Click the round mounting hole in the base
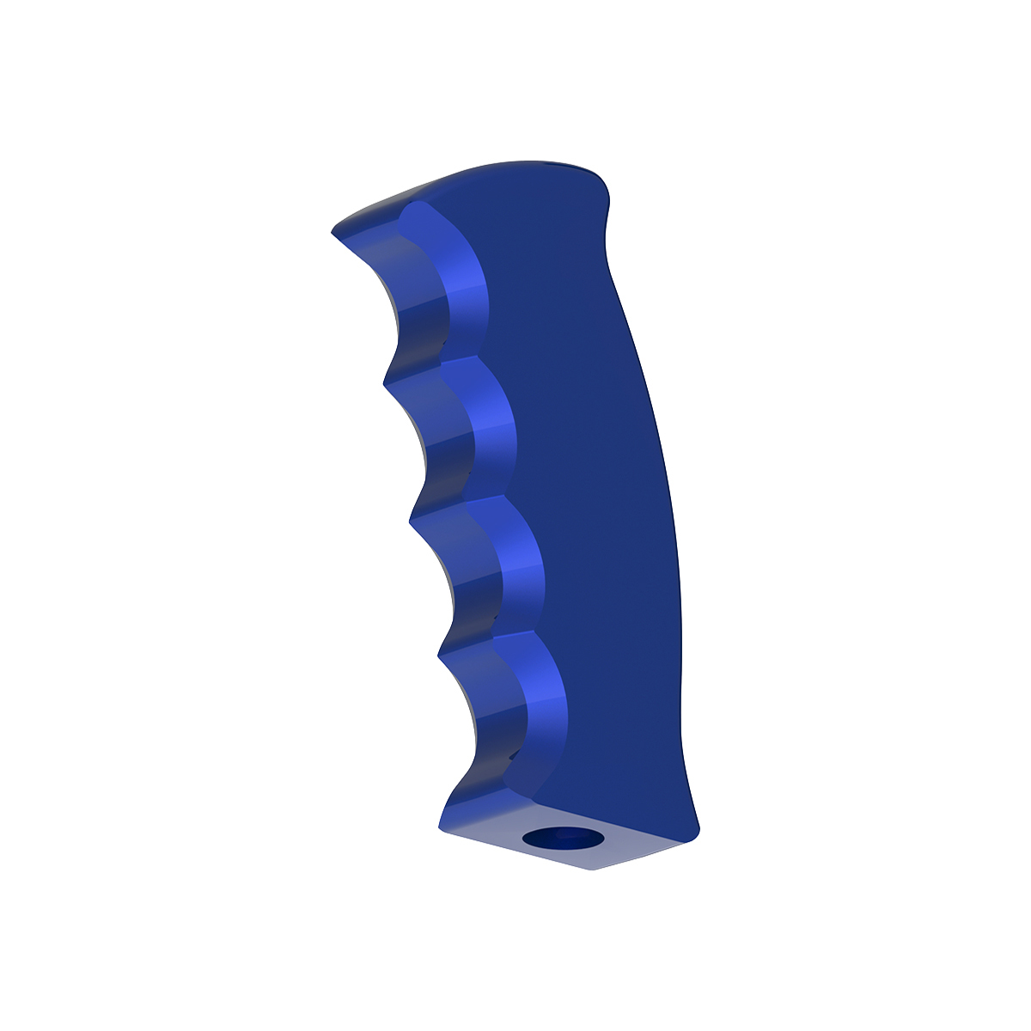[x=564, y=838]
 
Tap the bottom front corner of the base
[x=442, y=830]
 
